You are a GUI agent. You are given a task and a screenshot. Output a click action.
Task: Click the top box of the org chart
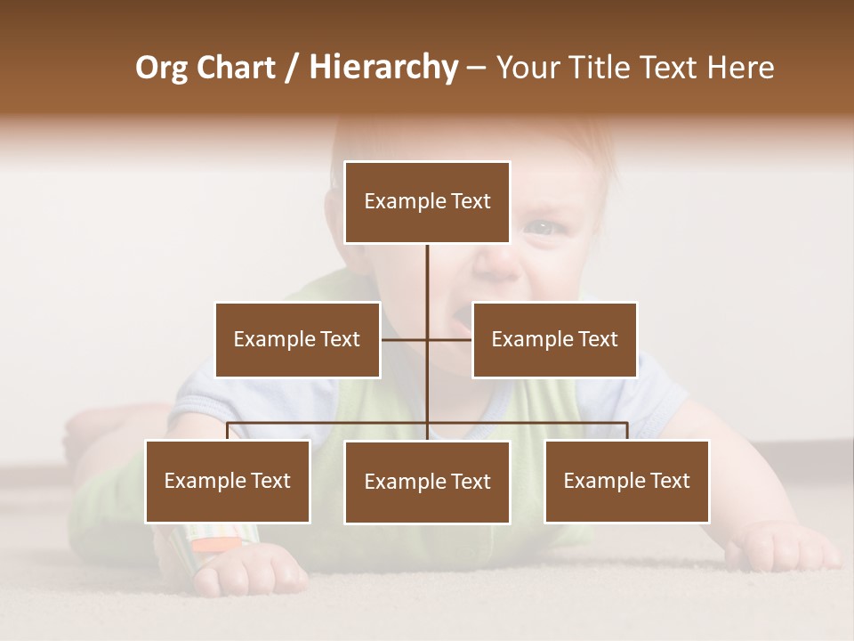click(427, 202)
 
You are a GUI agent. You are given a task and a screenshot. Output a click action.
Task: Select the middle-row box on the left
click(297, 339)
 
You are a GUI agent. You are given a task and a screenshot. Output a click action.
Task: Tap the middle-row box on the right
click(554, 339)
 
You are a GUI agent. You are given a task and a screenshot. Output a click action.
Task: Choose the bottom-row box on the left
click(228, 481)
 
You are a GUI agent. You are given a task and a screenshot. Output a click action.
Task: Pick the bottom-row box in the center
click(427, 482)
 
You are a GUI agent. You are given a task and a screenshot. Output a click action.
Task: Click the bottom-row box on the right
click(626, 481)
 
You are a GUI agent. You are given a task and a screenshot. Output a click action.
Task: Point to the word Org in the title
click(161, 68)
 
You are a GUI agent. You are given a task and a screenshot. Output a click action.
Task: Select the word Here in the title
click(741, 68)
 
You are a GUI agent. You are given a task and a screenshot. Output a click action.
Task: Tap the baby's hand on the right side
click(783, 547)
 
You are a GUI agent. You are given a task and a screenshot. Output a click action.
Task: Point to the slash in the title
click(292, 68)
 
